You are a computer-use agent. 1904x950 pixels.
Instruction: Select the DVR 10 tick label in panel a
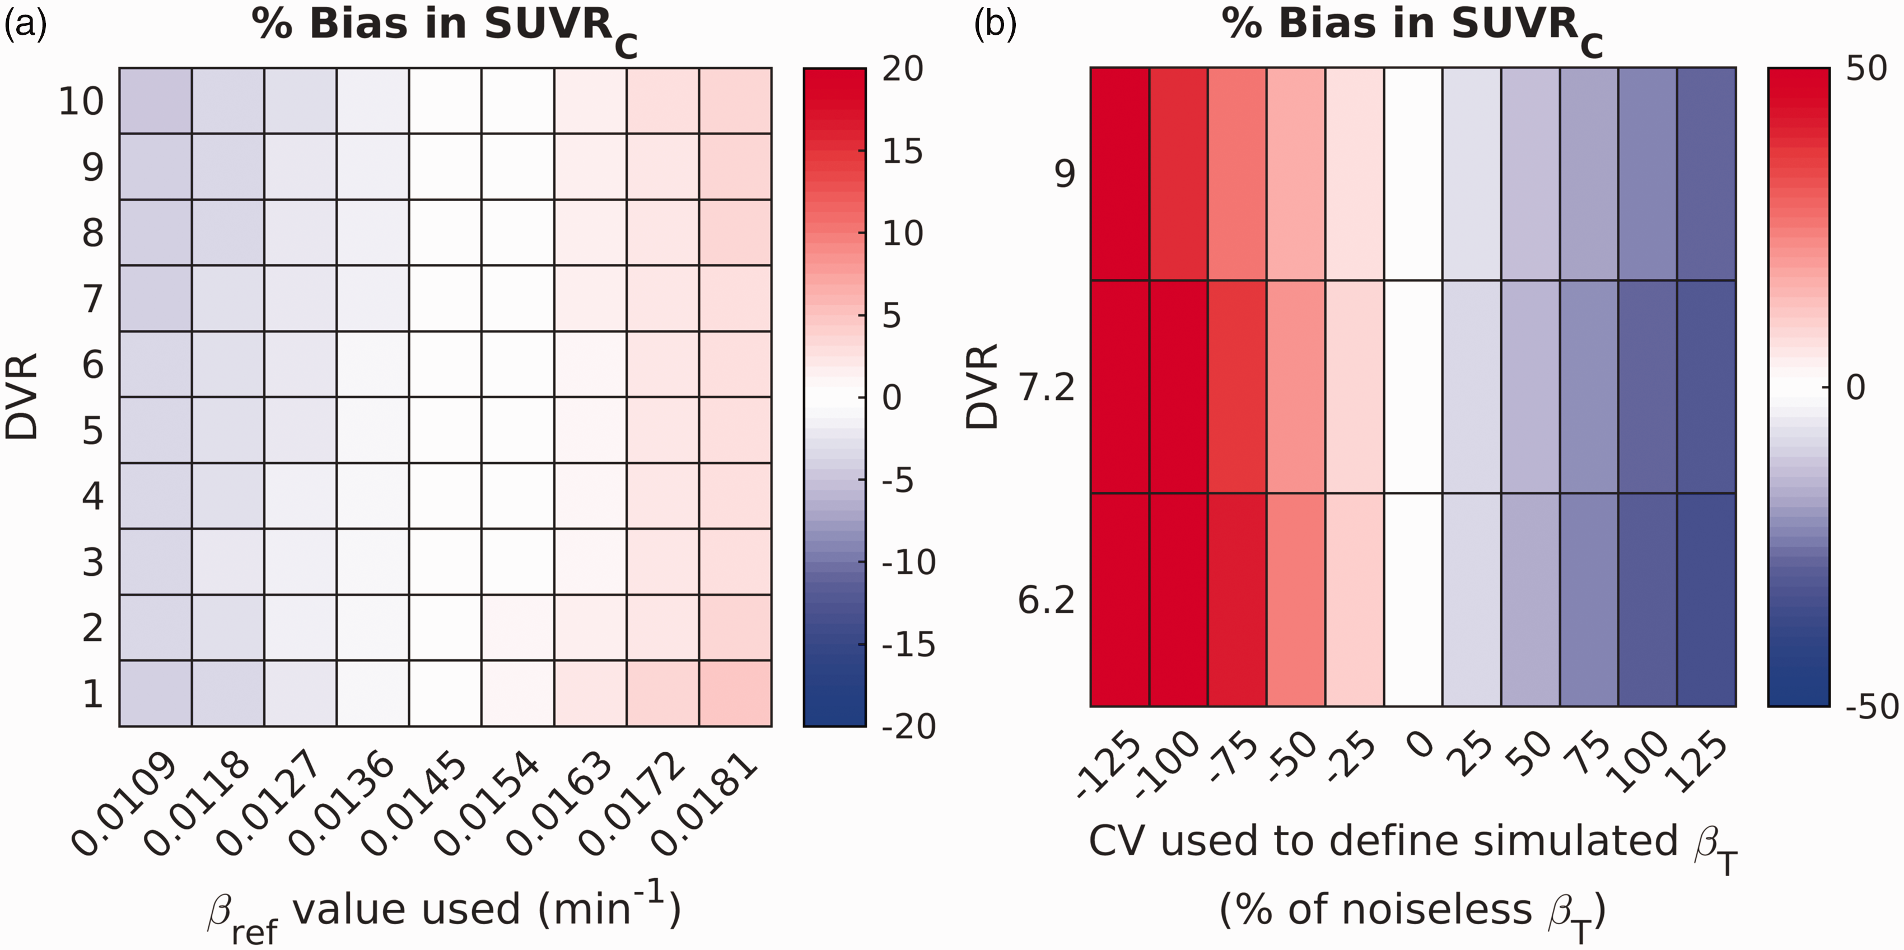(81, 101)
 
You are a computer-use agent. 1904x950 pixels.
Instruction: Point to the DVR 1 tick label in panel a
(92, 693)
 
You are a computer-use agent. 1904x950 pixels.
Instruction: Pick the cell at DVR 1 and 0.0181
(735, 693)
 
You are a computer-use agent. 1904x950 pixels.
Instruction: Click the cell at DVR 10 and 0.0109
(155, 100)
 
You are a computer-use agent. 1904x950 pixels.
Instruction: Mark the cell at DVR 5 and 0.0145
(446, 430)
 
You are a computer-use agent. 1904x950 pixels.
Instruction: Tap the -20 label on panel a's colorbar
(908, 727)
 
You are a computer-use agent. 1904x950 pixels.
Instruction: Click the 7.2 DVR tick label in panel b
(1047, 386)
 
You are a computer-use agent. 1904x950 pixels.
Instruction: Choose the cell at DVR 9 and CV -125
(1120, 174)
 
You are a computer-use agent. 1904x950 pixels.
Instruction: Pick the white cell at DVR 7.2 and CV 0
(1413, 386)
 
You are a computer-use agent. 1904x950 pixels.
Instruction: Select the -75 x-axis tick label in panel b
(1233, 763)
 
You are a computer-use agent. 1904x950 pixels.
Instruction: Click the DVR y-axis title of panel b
(983, 386)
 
